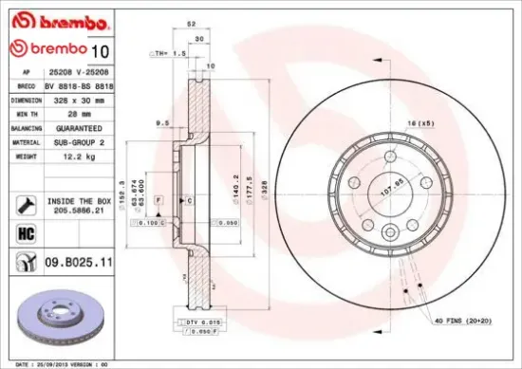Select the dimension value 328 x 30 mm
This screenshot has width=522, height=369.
point(78,99)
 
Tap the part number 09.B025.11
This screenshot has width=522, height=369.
point(80,258)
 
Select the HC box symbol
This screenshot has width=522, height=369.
point(19,231)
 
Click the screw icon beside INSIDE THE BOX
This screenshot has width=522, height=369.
point(19,204)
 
